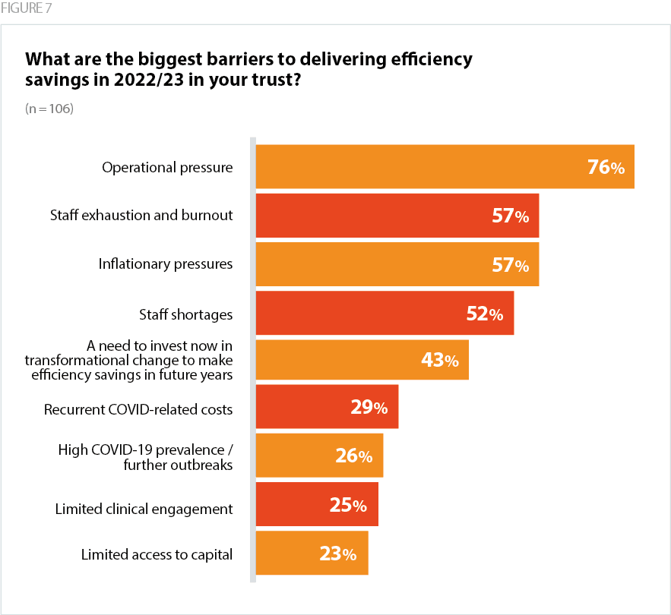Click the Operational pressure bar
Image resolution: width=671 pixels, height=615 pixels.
pos(445,166)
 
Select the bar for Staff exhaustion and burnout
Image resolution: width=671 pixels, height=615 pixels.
pos(397,216)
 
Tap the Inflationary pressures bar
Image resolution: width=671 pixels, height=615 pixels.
pos(397,264)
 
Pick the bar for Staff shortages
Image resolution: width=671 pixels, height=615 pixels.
pos(385,313)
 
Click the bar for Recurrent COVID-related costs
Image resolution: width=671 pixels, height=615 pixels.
pos(327,408)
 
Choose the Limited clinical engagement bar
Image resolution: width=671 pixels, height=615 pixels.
pos(317,505)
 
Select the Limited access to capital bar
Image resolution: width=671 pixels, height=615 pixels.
pos(312,553)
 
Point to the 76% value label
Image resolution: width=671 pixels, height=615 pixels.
pos(606,168)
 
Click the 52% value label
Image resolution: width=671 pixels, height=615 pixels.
pos(484,314)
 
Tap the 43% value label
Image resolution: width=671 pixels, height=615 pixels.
pos(439,361)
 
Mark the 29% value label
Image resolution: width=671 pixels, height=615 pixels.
pos(369,408)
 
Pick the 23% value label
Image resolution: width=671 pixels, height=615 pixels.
pos(337,553)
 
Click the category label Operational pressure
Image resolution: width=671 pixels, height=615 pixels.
pos(167,167)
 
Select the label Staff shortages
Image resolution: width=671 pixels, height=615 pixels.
pos(185,314)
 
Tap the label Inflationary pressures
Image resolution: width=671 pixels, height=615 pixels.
pos(165,264)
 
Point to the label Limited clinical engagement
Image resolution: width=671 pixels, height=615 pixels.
pos(144,509)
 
